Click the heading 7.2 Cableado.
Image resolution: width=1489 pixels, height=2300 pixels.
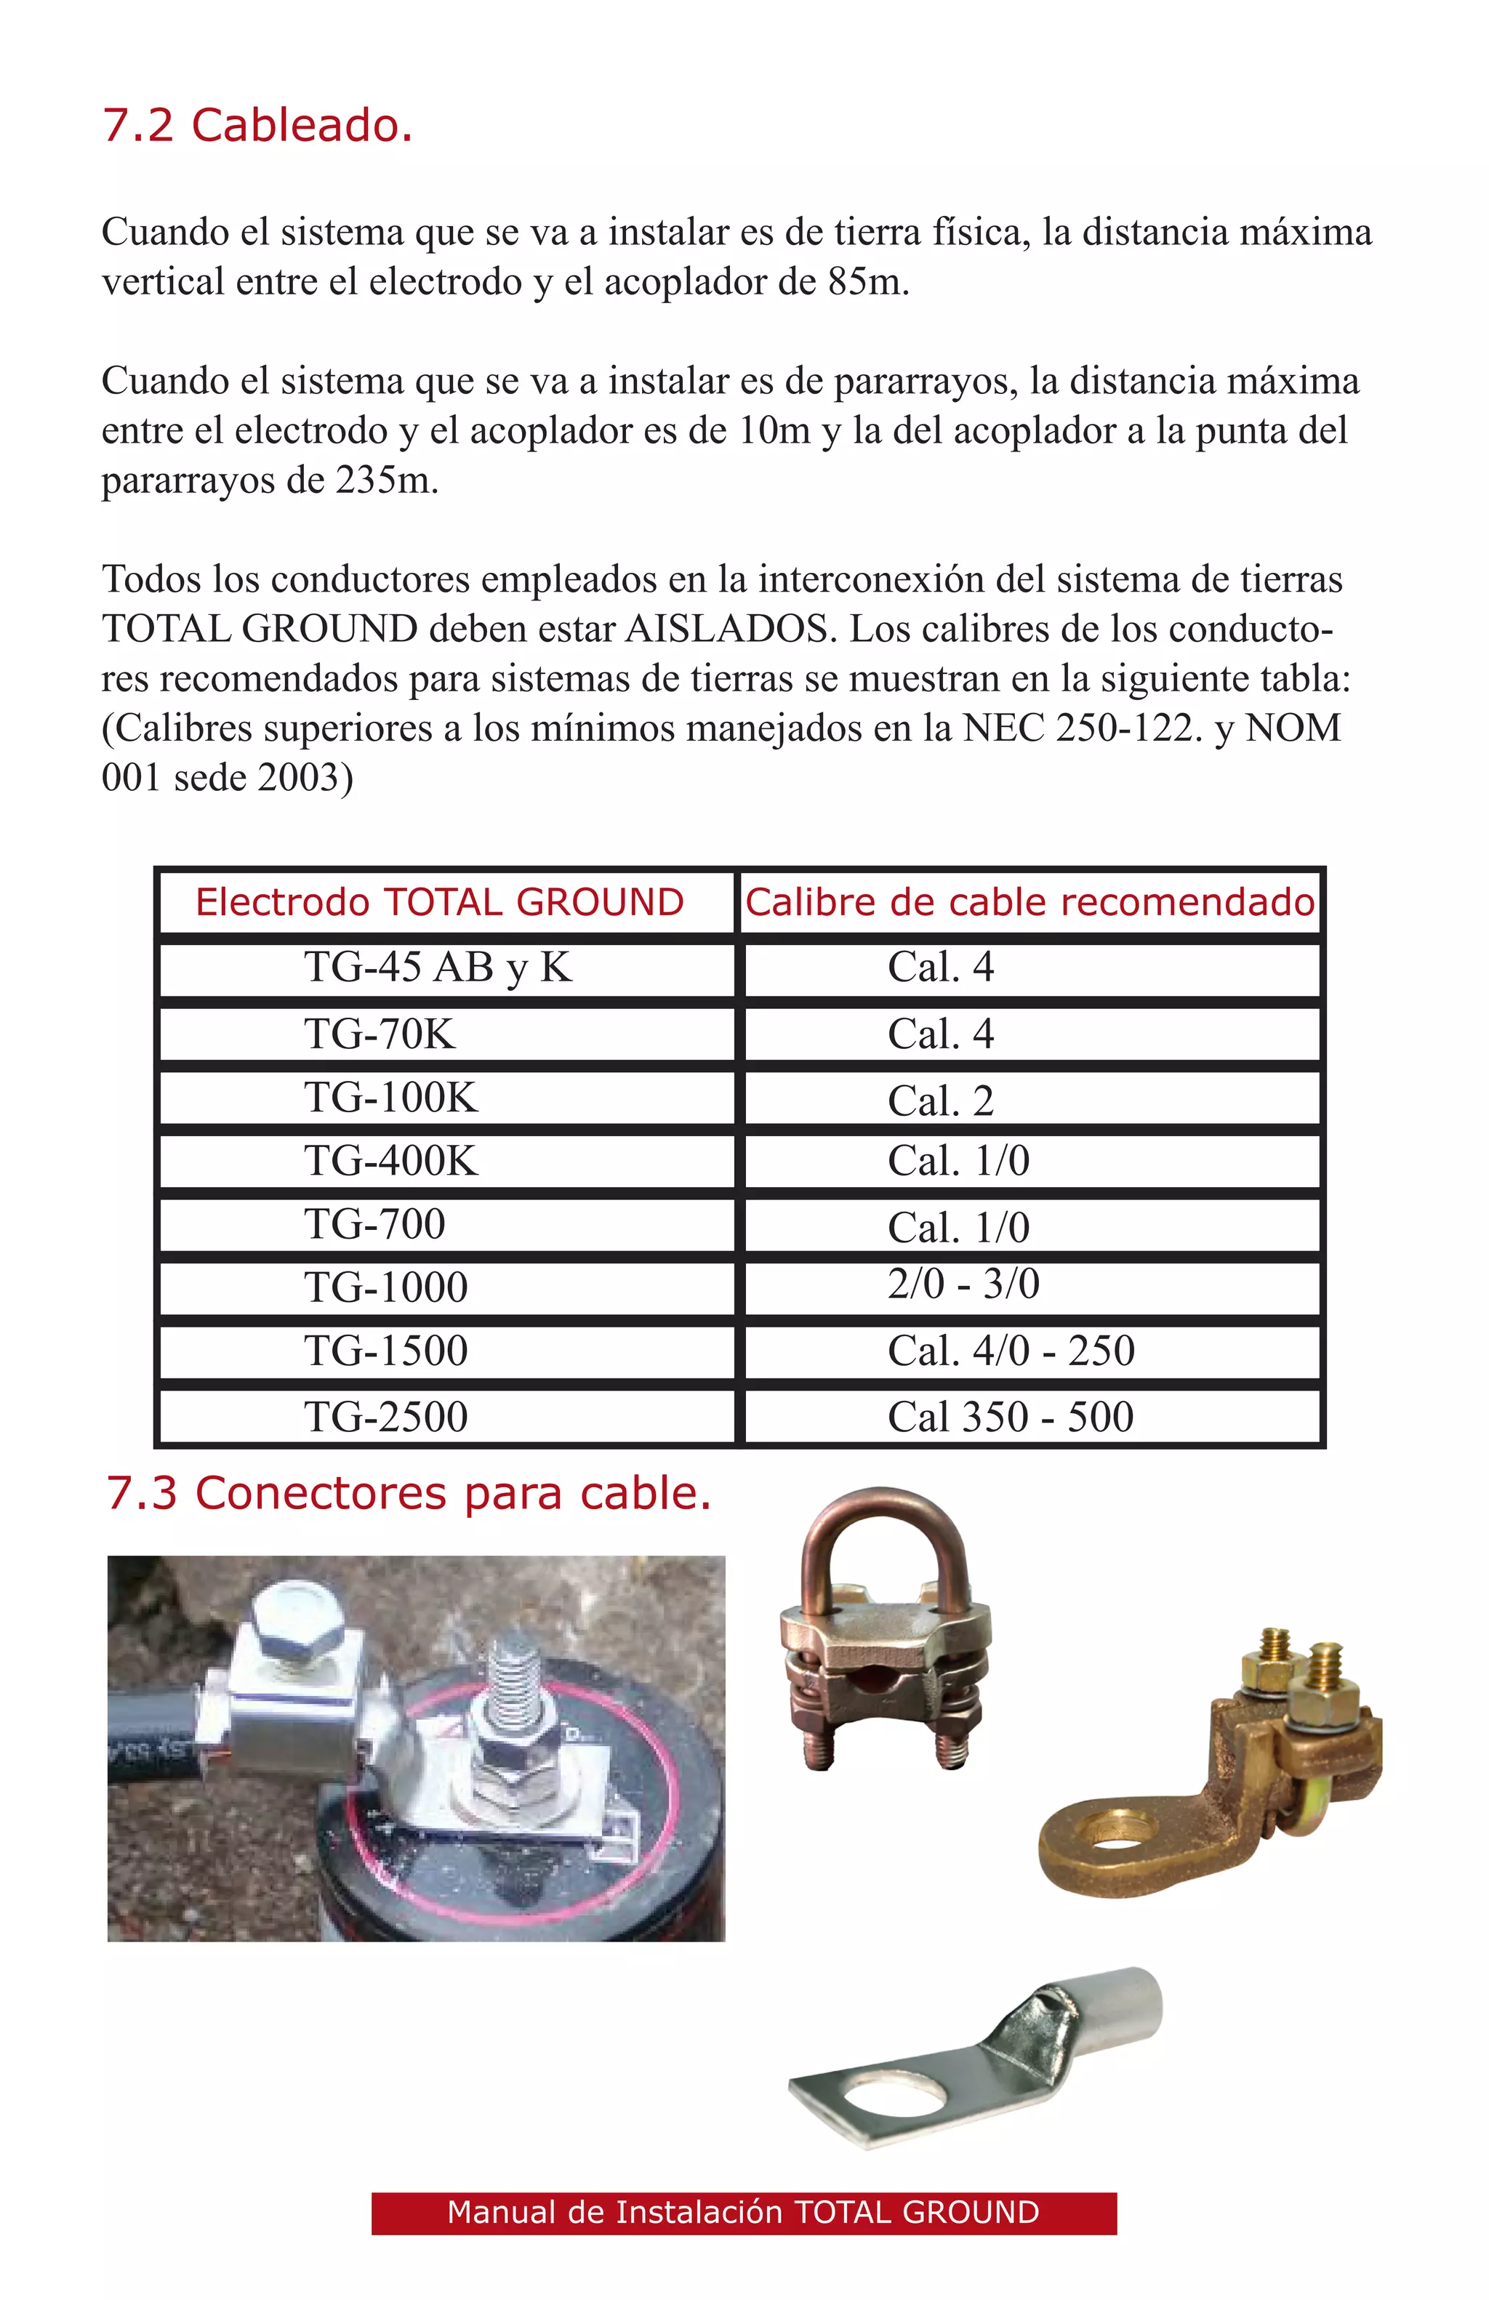[257, 126]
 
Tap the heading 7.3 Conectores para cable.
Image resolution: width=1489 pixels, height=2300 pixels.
[409, 1493]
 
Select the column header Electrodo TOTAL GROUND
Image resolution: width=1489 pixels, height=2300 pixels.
[440, 903]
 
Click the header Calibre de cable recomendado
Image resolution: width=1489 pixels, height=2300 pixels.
[1030, 903]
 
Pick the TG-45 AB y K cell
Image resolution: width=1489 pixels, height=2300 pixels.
[438, 968]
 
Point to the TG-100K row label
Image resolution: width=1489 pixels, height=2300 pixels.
[390, 1098]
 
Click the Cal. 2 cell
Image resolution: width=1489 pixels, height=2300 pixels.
[940, 1101]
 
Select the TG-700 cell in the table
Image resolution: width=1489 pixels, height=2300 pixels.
[375, 1224]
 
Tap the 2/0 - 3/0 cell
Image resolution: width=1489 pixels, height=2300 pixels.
[963, 1284]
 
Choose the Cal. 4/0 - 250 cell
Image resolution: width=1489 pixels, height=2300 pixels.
[1011, 1351]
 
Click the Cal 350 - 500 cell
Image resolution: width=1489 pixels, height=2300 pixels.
[1010, 1418]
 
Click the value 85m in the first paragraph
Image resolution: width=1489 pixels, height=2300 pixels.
[867, 282]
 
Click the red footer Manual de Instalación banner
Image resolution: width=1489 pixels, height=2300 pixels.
[743, 2212]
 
